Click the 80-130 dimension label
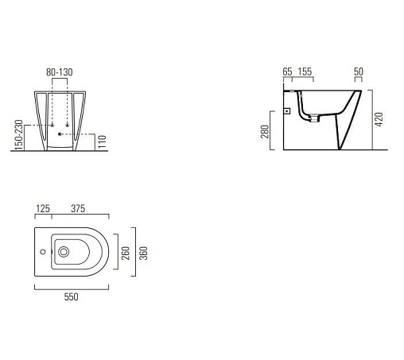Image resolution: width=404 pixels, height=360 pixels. point(60,72)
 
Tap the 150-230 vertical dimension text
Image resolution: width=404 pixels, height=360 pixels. point(19,135)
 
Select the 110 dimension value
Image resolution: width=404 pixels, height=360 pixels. point(102,141)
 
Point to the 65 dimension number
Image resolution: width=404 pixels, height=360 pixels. point(287,72)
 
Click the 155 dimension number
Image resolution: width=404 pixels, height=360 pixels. point(305,72)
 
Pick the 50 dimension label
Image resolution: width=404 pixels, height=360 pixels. point(359,72)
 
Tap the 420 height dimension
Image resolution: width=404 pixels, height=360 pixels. point(379,119)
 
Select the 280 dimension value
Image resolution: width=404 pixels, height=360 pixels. point(265,131)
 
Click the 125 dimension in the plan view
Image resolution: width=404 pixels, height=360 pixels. point(43,209)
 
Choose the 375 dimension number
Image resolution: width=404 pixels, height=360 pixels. point(78,208)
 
